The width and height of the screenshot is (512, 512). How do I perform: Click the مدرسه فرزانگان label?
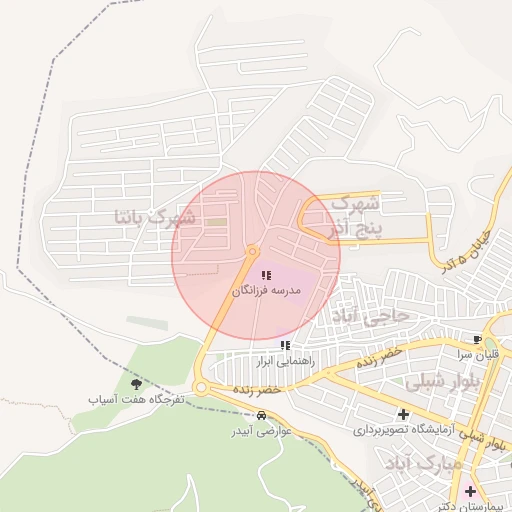click(266, 291)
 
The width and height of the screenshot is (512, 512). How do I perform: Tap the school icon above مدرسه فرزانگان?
click(265, 275)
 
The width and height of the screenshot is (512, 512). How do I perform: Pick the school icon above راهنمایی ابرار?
click(286, 345)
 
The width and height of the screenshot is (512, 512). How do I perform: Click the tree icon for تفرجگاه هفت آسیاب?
click(136, 383)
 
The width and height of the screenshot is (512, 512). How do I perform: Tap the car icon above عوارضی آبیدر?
click(261, 416)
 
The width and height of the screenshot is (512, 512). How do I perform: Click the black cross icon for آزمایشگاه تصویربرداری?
click(403, 414)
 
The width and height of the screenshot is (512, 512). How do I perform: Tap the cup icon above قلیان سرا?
click(477, 340)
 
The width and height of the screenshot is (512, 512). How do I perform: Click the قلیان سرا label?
click(479, 355)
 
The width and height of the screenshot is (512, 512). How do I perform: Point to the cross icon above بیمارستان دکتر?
click(470, 490)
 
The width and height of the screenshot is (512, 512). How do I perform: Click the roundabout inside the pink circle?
click(252, 251)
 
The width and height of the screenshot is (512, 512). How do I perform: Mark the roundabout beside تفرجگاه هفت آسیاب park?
click(200, 387)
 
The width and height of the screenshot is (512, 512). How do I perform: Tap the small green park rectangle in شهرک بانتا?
click(216, 221)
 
